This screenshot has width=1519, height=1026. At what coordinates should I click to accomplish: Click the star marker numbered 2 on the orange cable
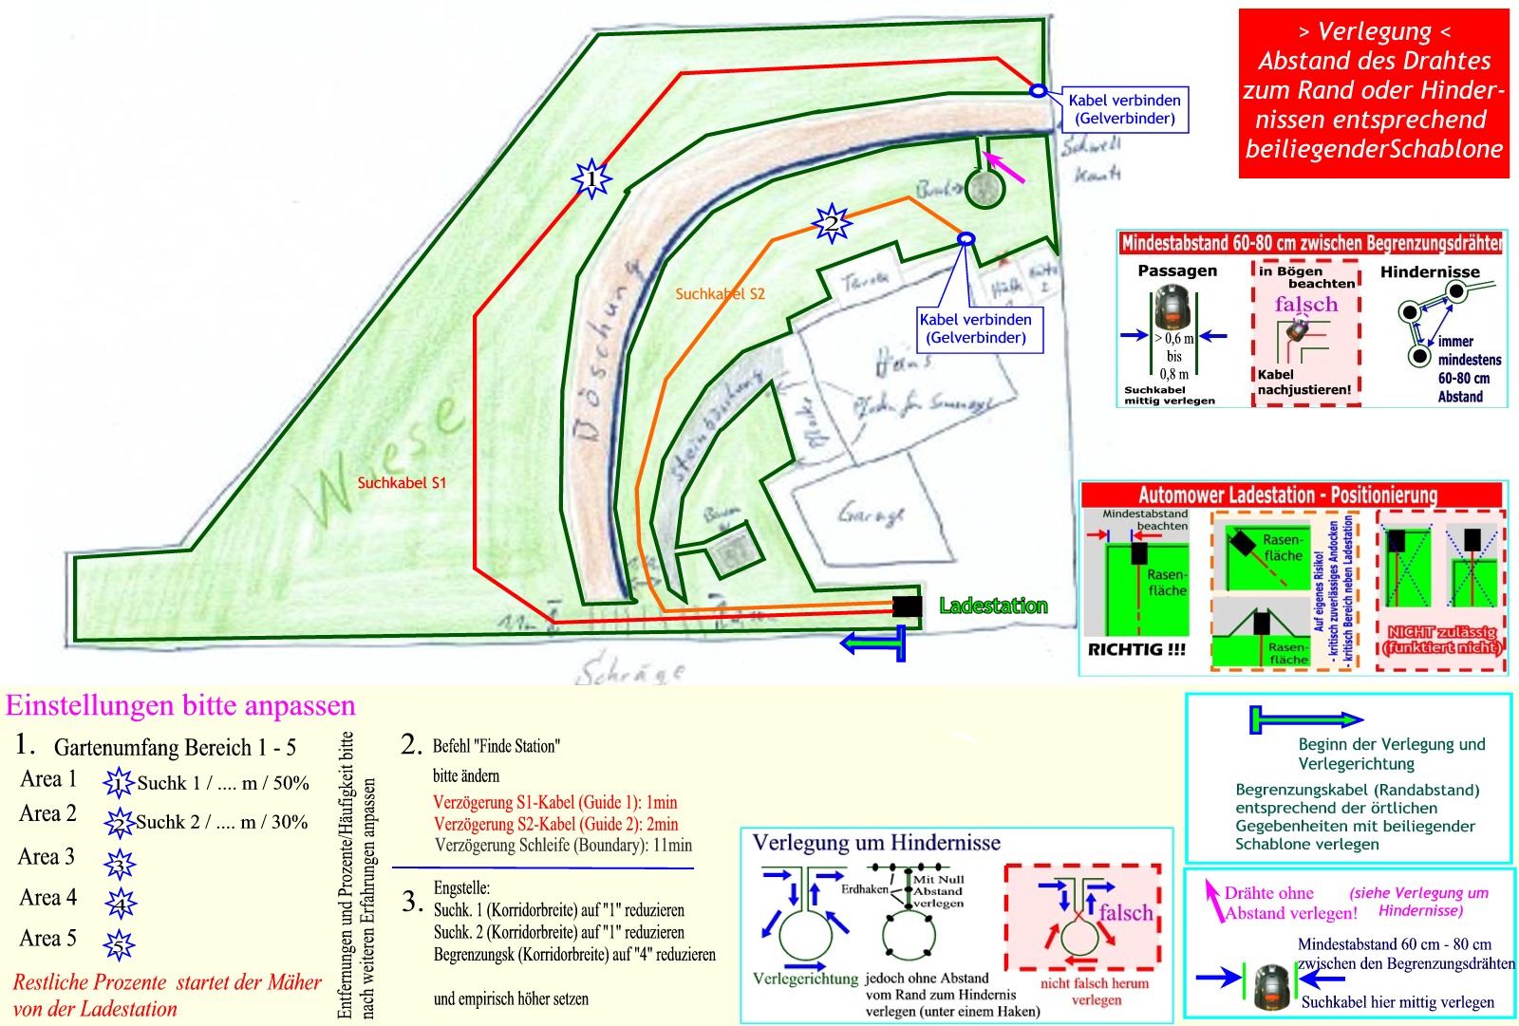pyautogui.click(x=831, y=224)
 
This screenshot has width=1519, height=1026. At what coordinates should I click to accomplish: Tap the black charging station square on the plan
pyautogui.click(x=907, y=606)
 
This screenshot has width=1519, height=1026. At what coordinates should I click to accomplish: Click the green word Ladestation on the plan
pyautogui.click(x=993, y=606)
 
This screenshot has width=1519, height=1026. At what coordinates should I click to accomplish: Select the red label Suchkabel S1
pyautogui.click(x=402, y=482)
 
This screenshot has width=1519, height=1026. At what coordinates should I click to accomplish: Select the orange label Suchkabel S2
pyautogui.click(x=720, y=294)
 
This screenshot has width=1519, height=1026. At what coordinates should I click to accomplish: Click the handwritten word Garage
pyautogui.click(x=871, y=513)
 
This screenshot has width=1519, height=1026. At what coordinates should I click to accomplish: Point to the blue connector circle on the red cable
pyautogui.click(x=1038, y=90)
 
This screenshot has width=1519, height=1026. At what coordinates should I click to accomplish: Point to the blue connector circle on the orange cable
pyautogui.click(x=966, y=239)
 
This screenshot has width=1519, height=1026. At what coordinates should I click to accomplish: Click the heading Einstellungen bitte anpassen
pyautogui.click(x=180, y=705)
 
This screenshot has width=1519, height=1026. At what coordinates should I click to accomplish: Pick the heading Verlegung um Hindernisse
pyautogui.click(x=875, y=843)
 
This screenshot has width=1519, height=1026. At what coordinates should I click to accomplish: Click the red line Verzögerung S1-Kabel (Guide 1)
pyautogui.click(x=554, y=803)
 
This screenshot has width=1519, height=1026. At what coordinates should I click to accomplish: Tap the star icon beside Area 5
pyautogui.click(x=120, y=944)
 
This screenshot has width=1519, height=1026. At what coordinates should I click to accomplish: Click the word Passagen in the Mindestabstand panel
pyautogui.click(x=1176, y=271)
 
